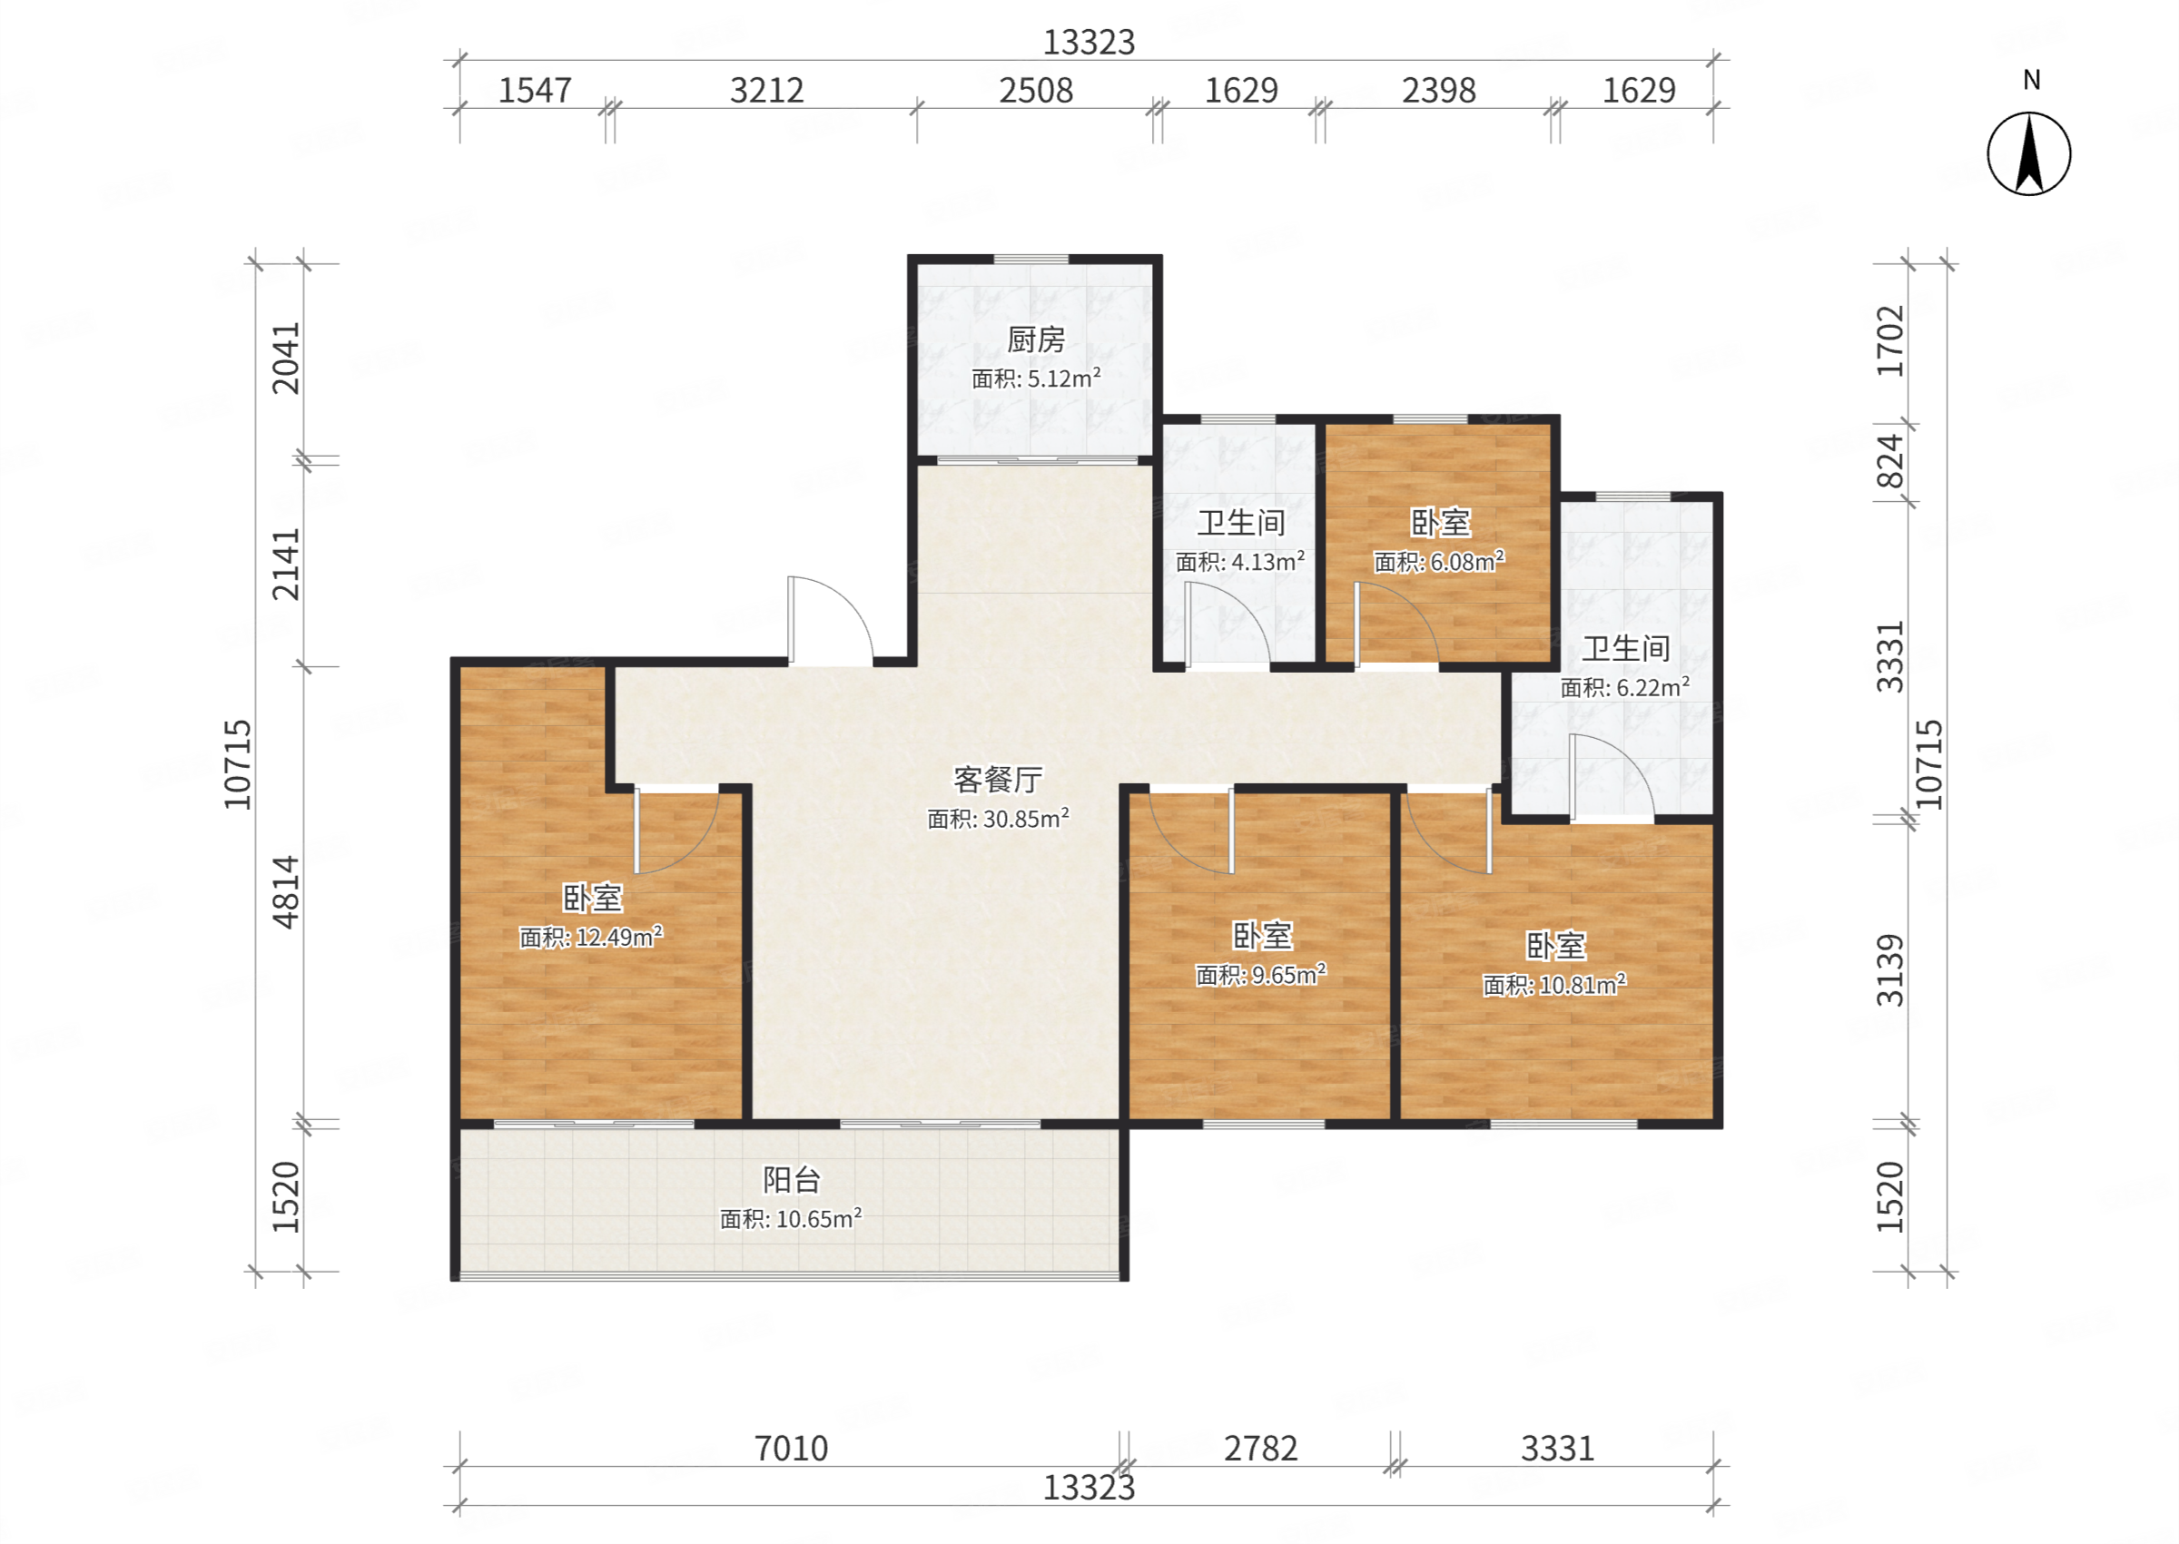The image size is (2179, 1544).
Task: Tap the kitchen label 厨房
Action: [1035, 339]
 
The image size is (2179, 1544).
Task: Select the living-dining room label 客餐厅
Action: [997, 780]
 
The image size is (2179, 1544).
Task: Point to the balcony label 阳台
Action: [791, 1180]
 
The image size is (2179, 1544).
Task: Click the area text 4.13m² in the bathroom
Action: [1267, 561]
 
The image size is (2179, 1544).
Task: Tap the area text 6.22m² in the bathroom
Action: [1652, 686]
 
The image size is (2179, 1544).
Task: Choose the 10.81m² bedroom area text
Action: [1582, 984]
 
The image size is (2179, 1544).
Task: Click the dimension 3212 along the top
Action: [766, 91]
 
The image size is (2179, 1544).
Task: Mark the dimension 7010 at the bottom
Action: [791, 1448]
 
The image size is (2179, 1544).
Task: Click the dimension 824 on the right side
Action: [1890, 461]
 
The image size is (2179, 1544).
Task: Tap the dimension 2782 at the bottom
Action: [1259, 1448]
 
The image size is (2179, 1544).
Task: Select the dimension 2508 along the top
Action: [1035, 91]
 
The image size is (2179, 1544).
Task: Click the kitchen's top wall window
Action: [1030, 259]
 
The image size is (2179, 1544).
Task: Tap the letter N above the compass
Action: [2031, 80]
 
